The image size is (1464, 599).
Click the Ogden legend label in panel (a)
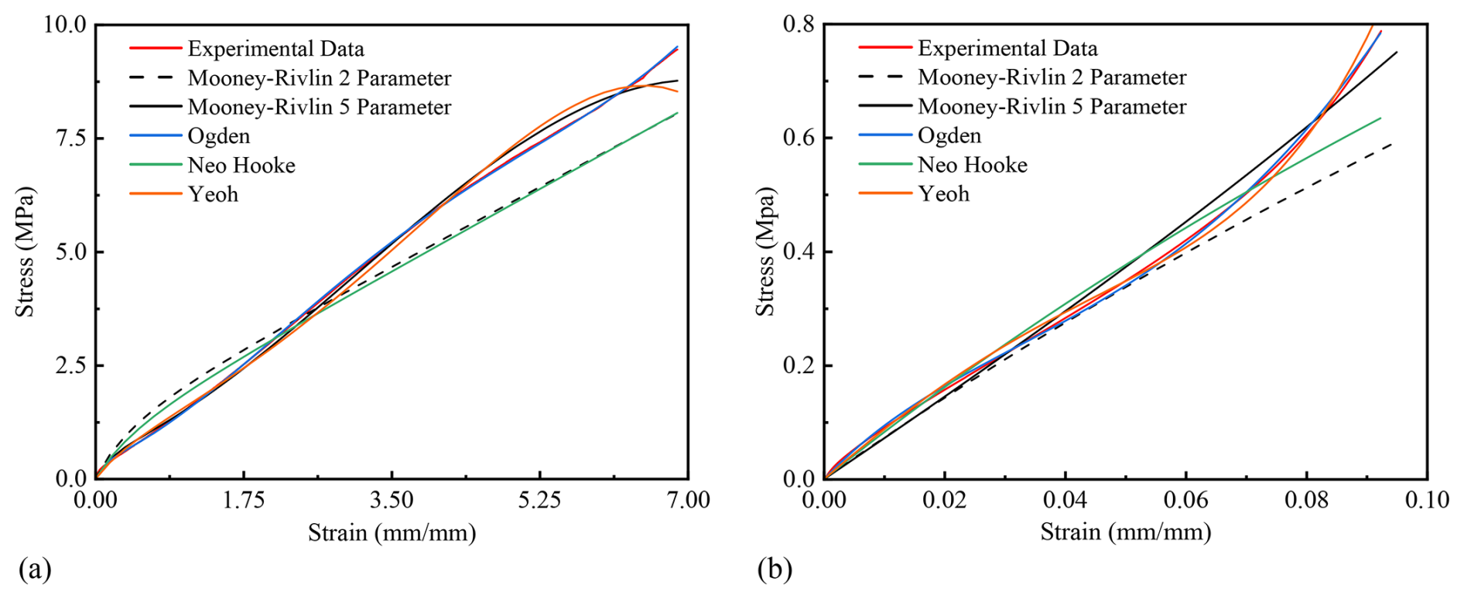219,136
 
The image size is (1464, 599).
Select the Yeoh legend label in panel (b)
943,193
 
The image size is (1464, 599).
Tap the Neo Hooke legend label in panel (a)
241,166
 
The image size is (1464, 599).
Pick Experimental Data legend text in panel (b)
1007,49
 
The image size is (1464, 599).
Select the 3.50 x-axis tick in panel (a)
392,500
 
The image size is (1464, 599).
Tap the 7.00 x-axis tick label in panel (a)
688,500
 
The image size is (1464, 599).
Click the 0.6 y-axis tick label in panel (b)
799,138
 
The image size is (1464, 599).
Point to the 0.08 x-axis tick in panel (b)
1306,500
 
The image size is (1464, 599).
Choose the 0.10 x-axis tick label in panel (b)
1427,500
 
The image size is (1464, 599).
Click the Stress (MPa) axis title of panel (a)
26,252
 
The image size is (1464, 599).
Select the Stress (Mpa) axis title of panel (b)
765,252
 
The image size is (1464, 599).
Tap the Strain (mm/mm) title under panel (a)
392,533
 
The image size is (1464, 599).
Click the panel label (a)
35,570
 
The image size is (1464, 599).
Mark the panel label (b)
775,570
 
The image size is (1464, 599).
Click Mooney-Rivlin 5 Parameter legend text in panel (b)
1052,107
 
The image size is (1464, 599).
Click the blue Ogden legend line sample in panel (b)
885,135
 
